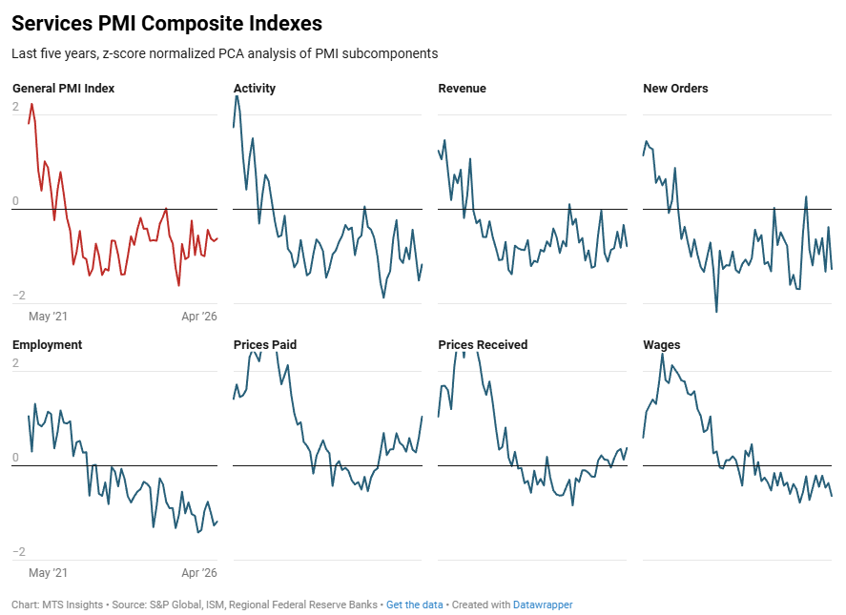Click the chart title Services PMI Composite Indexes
tap(167, 23)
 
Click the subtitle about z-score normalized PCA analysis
tap(224, 53)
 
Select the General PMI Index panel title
tap(63, 89)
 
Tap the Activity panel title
tap(254, 89)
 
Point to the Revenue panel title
tap(462, 89)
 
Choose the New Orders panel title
tap(675, 89)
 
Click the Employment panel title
tap(47, 345)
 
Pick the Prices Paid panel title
tap(265, 345)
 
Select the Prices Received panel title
tap(483, 345)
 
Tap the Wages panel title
tap(662, 345)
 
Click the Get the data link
tap(414, 605)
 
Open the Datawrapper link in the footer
tap(543, 605)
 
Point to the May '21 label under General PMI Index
tap(48, 317)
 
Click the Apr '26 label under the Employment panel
tap(199, 572)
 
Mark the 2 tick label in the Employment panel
tap(15, 362)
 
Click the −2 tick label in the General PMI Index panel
tap(19, 295)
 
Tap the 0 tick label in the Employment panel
tap(15, 457)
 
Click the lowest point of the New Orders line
tap(716, 311)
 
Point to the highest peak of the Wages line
tap(663, 355)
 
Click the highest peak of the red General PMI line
tap(31, 104)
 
